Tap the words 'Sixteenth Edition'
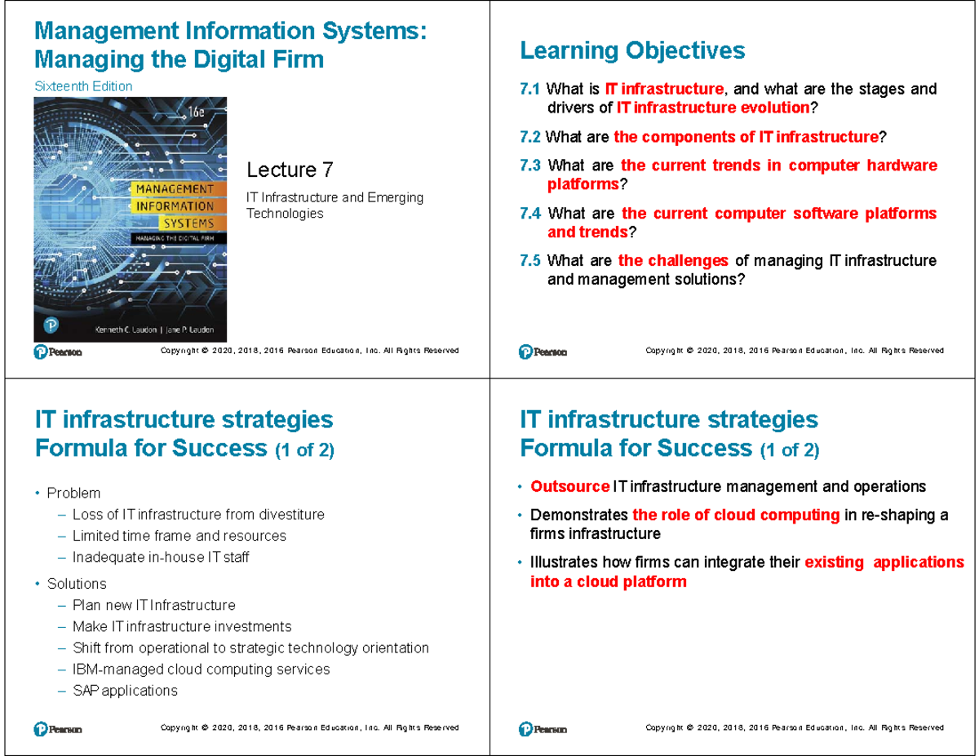[82, 86]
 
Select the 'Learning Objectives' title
[632, 51]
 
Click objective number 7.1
[529, 89]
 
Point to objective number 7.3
[529, 166]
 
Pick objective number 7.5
[529, 261]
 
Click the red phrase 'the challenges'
[673, 261]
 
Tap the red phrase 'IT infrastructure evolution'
[712, 108]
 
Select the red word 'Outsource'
[569, 487]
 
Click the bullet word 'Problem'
[73, 493]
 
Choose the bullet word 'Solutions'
[77, 584]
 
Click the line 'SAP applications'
[124, 691]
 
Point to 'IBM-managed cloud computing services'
[201, 670]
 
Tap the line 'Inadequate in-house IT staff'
[161, 558]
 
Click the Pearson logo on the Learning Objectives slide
[543, 351]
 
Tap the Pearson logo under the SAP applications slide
[57, 728]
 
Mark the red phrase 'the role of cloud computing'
[736, 515]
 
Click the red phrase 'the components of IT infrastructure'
[746, 137]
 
